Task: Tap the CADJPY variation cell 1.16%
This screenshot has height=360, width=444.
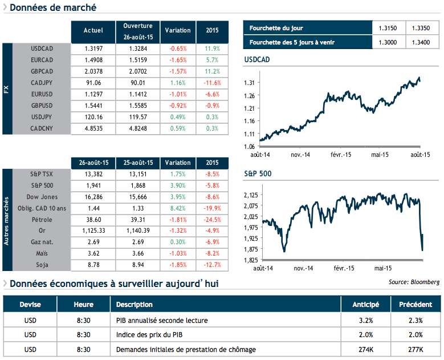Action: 178,82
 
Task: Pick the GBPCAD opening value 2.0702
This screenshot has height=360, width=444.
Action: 138,71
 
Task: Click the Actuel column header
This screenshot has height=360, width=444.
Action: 93,30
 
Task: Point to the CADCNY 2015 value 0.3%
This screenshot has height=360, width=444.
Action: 211,128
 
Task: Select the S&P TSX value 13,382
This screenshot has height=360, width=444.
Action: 93,173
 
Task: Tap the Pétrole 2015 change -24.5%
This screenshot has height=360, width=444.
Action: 211,219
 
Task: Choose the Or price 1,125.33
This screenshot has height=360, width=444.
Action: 93,230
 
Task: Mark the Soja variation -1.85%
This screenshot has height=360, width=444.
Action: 178,265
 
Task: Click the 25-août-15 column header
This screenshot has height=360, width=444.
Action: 138,163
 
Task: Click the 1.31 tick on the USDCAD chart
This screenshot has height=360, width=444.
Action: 249,83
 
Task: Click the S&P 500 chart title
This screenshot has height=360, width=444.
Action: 256,172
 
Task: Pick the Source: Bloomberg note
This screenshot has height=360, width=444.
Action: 414,282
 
